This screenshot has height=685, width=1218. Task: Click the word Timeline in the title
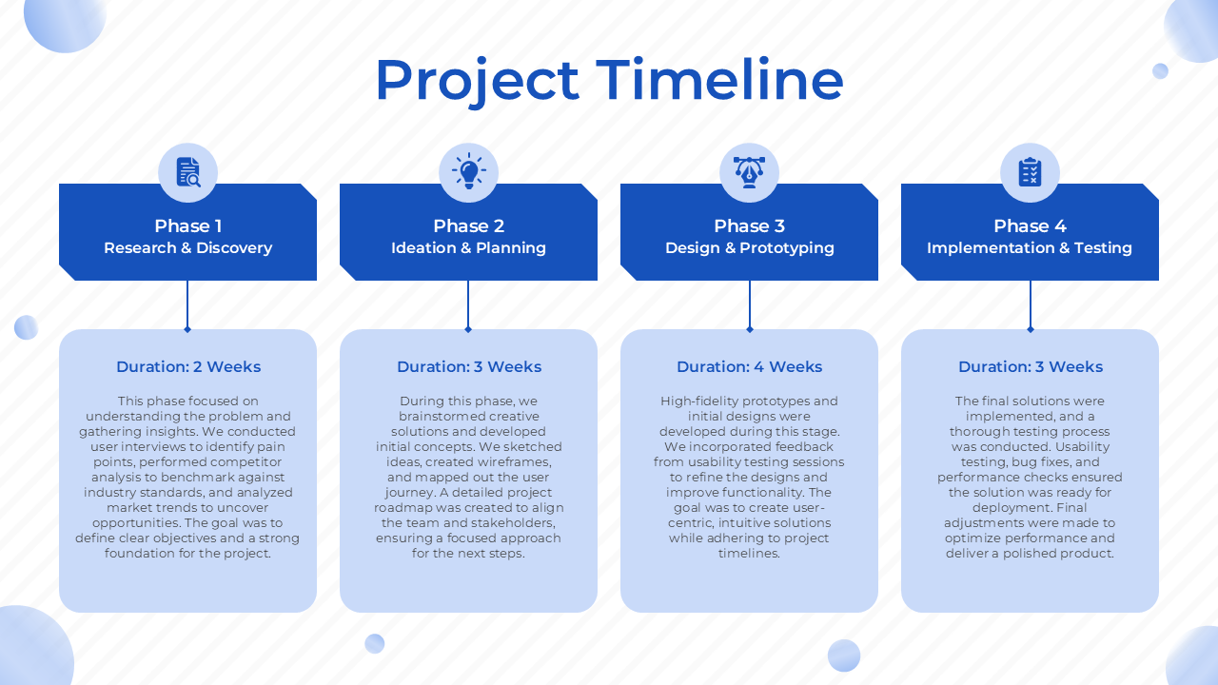[719, 80]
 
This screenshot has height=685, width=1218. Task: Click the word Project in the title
[477, 83]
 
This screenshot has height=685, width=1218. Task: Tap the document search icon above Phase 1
[188, 172]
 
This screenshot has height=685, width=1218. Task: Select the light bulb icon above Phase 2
[469, 171]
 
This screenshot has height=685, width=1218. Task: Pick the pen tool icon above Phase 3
[749, 172]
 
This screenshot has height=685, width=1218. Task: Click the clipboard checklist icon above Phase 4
[1030, 172]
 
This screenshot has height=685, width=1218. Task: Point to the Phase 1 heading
[188, 225]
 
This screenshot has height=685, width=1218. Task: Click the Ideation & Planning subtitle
[469, 248]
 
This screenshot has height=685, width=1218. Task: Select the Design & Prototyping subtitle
[749, 248]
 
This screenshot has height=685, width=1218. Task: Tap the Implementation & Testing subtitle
[1030, 248]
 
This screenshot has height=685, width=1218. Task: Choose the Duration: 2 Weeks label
[188, 367]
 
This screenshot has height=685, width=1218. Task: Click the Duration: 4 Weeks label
[749, 367]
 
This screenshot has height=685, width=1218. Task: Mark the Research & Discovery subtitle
[188, 248]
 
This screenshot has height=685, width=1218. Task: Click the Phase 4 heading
[1030, 225]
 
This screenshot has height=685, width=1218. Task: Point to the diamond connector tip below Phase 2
[468, 329]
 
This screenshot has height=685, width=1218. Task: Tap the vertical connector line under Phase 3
[749, 303]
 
